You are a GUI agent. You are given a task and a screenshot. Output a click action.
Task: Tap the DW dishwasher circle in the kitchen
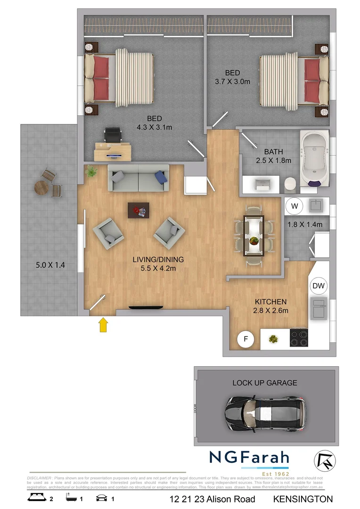pyautogui.click(x=319, y=286)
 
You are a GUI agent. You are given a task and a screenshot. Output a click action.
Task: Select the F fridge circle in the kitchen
pyautogui.click(x=245, y=339)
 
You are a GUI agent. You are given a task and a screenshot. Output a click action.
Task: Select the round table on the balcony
pyautogui.click(x=41, y=188)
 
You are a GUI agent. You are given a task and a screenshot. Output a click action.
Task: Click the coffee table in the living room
pyautogui.click(x=139, y=210)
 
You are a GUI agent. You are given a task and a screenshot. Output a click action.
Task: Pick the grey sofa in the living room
pyautogui.click(x=139, y=179)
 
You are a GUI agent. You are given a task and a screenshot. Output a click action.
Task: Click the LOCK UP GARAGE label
pyautogui.click(x=265, y=383)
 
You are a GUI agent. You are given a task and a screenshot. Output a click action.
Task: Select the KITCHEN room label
pyautogui.click(x=270, y=302)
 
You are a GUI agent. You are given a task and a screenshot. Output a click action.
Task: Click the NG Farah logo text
pyautogui.click(x=249, y=458)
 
